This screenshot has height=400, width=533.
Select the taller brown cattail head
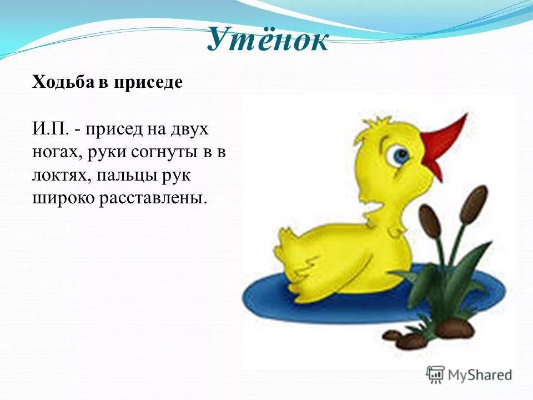coord(474,204)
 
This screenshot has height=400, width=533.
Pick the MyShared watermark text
coord(480,375)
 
